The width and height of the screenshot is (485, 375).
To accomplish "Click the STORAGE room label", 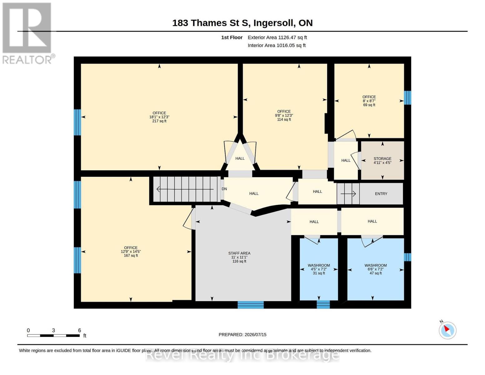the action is pos(382,158).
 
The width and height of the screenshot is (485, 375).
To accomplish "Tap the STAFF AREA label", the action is pos(239,253).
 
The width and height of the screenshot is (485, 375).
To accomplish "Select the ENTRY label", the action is pos(381,194).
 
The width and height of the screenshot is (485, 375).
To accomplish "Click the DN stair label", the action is pos(224,189).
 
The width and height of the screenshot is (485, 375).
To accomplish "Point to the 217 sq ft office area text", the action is pos(159,121).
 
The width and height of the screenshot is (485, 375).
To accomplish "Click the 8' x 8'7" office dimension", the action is pos(369,101).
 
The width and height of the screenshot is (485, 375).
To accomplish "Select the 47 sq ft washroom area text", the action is pos(376,273).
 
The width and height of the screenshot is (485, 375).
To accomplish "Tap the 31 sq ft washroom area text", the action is pos(319,273).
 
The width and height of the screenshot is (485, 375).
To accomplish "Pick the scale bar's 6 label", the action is pos(79,330).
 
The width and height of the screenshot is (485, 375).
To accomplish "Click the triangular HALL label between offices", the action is pos(240,158).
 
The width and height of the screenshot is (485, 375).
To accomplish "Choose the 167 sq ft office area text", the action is pos(131,256).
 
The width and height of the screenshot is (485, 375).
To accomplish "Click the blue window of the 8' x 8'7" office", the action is pos(407,97).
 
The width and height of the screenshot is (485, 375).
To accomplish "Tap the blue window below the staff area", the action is pos(251,305).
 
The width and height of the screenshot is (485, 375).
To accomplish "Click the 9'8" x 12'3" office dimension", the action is pos(284,116).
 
